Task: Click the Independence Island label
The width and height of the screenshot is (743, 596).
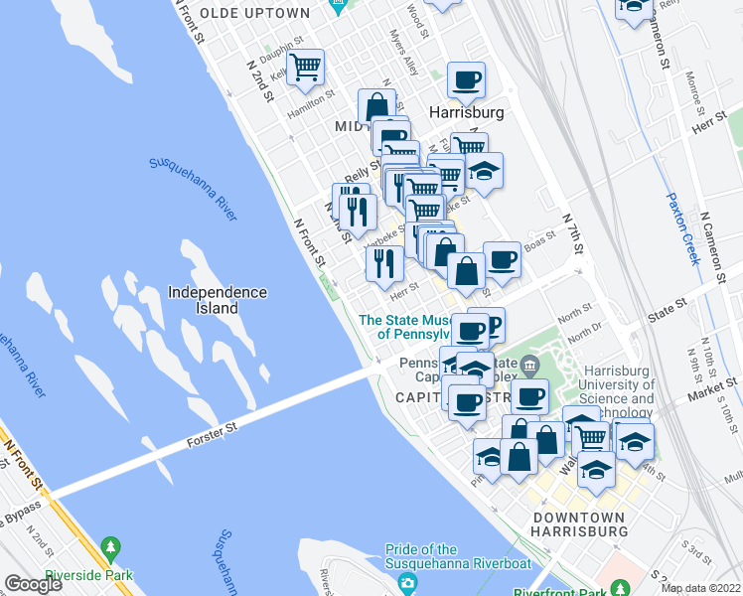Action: point(217,300)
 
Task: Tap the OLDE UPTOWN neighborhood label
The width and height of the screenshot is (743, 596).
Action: point(254,13)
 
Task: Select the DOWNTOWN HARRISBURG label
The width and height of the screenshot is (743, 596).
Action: point(579,524)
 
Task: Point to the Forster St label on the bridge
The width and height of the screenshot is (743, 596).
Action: point(212,437)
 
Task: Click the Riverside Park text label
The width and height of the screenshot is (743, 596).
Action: point(110,570)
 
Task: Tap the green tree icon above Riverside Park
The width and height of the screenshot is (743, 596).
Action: point(110,548)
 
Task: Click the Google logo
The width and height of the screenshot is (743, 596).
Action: point(33,584)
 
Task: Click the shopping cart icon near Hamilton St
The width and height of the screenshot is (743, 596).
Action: point(306,67)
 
